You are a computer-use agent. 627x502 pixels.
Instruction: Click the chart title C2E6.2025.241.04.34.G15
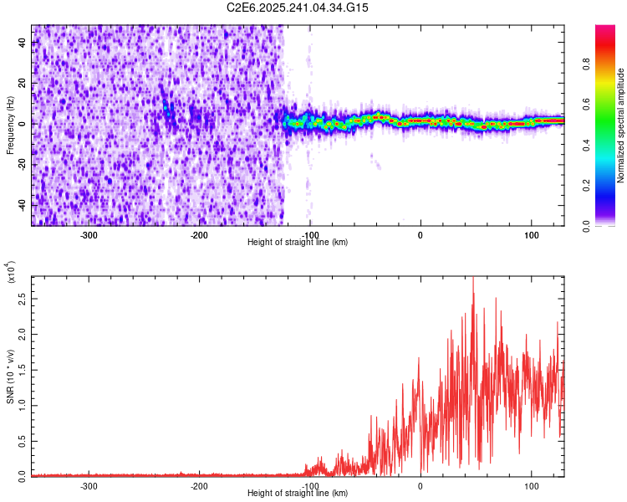298,8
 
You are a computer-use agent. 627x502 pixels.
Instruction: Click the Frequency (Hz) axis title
10,124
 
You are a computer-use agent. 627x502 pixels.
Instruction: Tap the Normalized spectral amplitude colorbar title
621,125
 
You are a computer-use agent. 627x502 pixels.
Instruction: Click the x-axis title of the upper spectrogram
298,243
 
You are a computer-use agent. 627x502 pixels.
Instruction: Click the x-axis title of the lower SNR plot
298,494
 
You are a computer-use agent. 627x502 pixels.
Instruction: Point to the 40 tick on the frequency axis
24,44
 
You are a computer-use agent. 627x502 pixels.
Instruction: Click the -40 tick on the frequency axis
24,205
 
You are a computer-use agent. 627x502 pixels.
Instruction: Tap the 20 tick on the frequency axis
24,84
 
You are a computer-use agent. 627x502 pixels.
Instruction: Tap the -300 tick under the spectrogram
89,234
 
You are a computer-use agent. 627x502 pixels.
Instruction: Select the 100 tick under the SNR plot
531,485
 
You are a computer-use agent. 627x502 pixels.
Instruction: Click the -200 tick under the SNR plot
199,485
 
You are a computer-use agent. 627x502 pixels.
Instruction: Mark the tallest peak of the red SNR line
473,279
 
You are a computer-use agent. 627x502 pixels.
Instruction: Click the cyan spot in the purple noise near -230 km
166,108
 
